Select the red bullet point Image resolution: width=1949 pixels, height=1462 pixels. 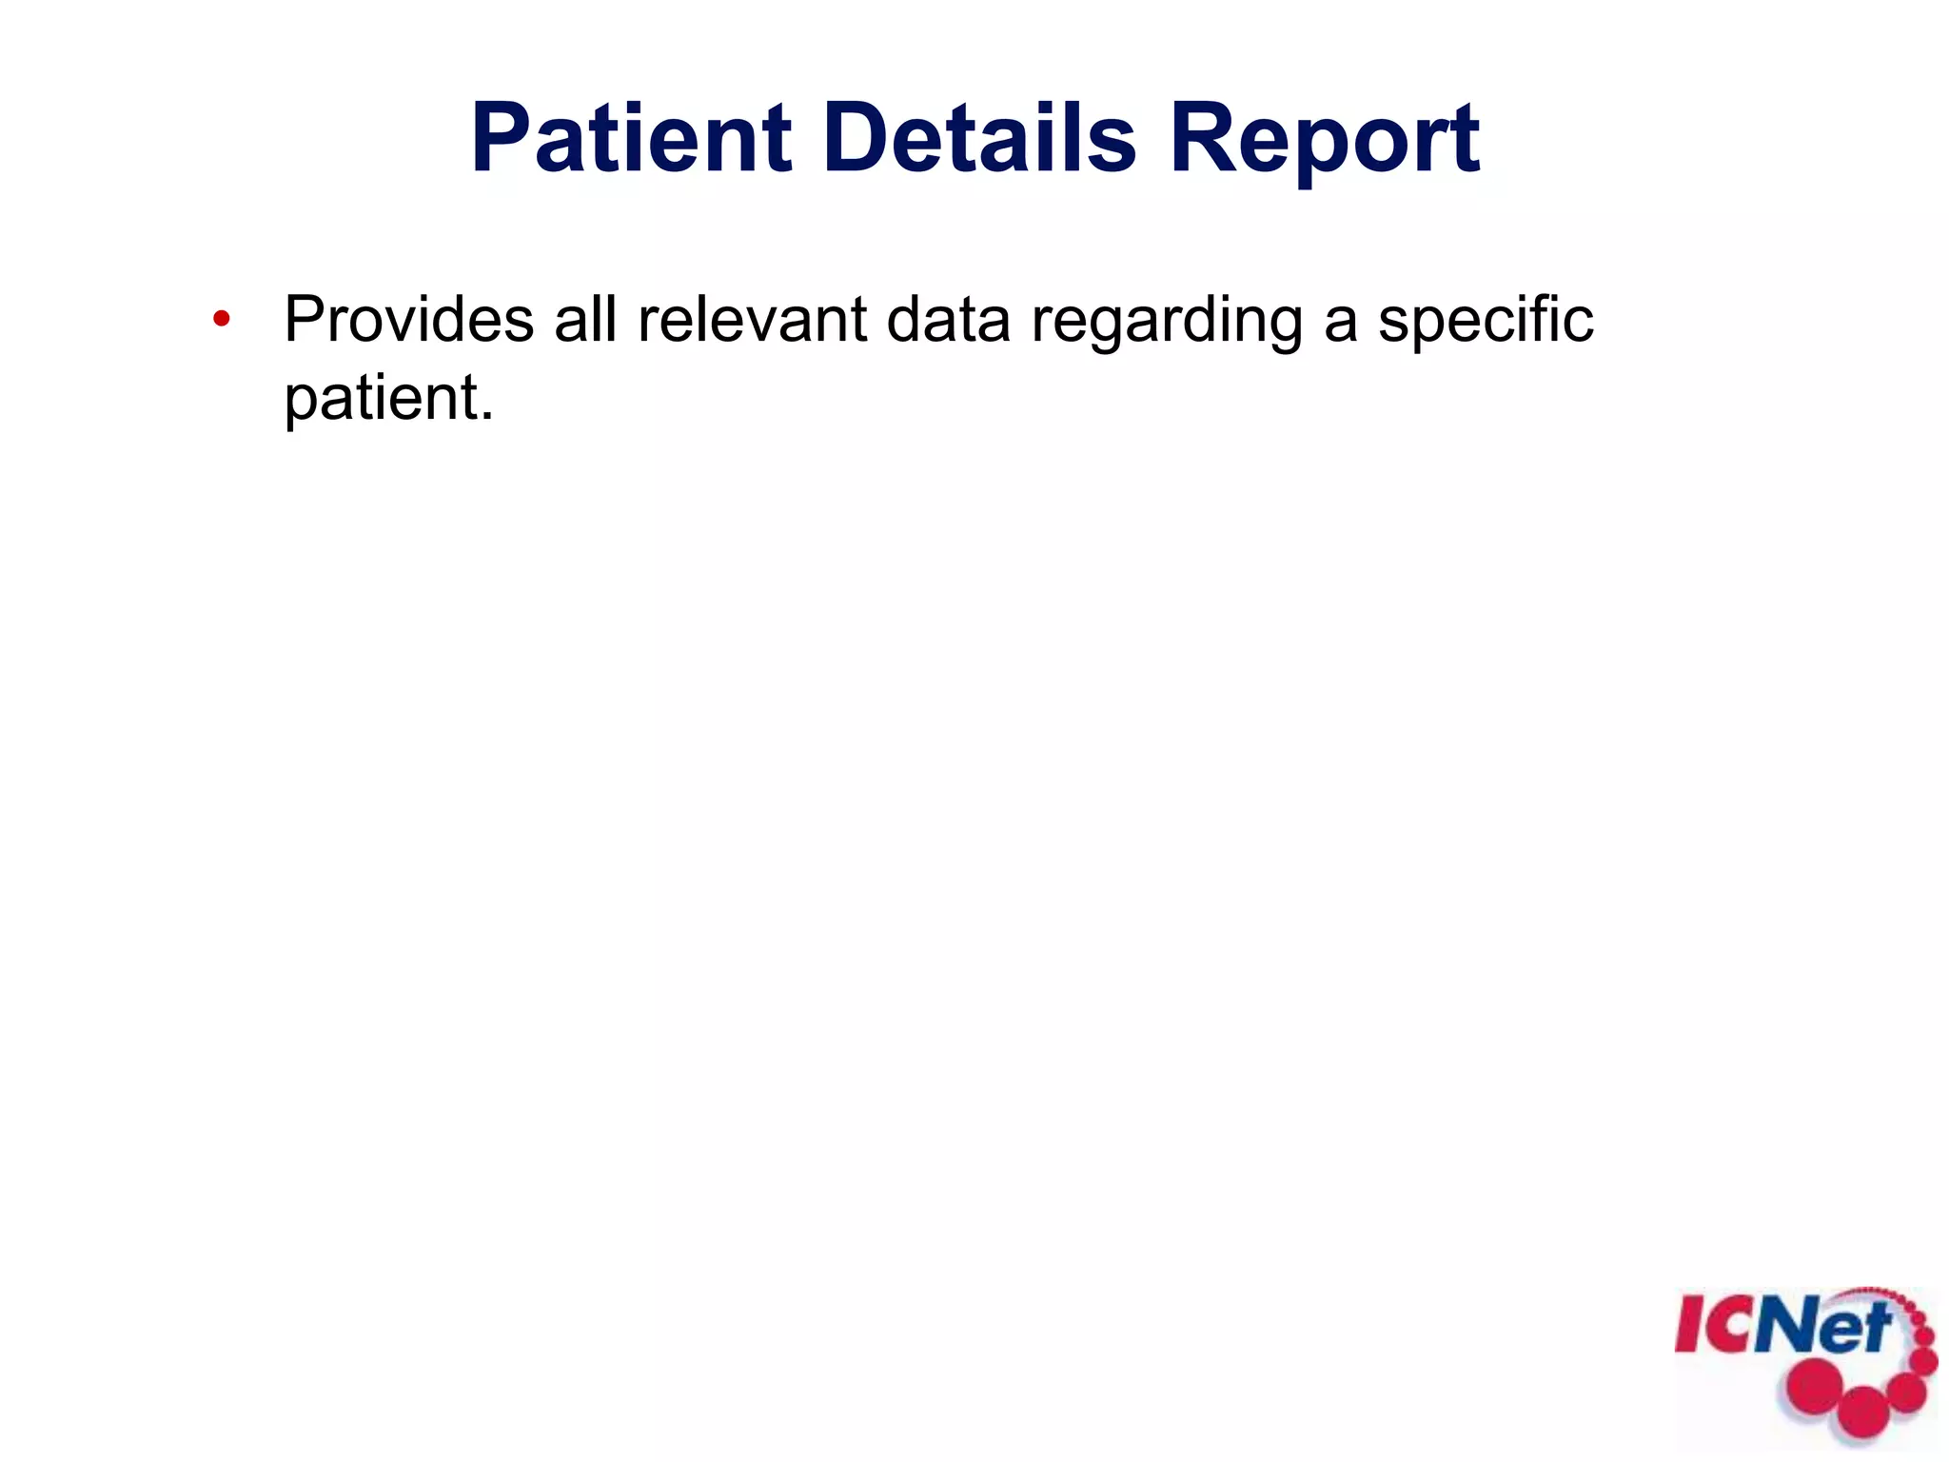tap(221, 319)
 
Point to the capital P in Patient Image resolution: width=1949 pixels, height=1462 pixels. tap(502, 138)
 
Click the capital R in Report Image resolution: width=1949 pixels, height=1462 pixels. tap(1202, 138)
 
